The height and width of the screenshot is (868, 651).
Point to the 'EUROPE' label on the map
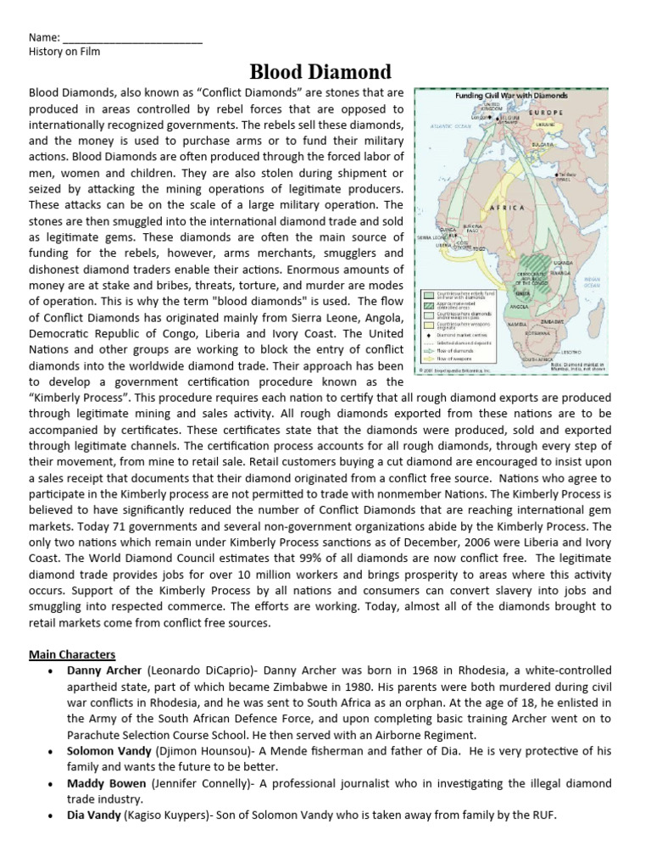pos(548,112)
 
